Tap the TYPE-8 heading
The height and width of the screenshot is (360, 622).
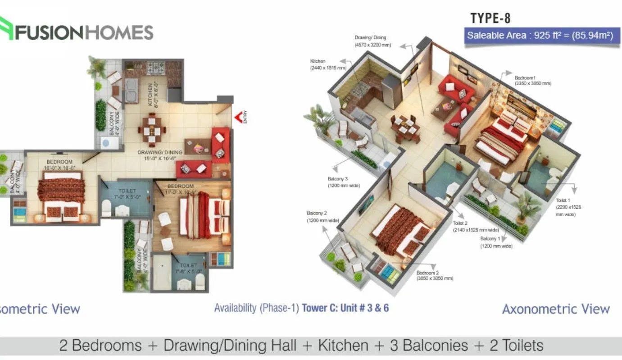tap(490, 18)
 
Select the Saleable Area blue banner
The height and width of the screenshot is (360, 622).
tap(540, 36)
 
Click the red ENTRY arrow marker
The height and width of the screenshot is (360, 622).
tap(238, 118)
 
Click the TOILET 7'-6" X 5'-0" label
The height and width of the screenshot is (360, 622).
tap(189, 268)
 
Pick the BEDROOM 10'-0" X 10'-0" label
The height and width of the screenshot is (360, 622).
tap(59, 164)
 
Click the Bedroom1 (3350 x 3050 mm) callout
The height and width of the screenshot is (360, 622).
tap(532, 81)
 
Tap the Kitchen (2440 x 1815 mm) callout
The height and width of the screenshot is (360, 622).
tap(327, 64)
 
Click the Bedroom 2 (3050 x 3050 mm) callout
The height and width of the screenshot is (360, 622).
tap(434, 275)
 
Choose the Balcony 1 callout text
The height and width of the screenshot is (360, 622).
tap(496, 242)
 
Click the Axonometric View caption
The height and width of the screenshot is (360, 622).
tap(555, 309)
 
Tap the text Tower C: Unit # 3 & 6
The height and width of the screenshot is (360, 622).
tap(345, 308)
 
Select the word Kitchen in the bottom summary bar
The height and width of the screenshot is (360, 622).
tap(343, 346)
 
